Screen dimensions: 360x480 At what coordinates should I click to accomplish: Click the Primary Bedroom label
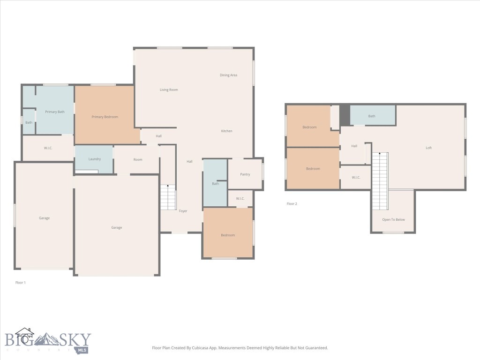pos(105,117)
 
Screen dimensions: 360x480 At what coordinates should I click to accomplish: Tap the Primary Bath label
pos(55,112)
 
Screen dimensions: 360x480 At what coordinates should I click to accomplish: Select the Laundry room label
pos(95,159)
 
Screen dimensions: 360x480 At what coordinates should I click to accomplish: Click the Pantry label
pos(245,174)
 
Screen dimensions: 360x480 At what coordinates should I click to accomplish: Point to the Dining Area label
pos(228,75)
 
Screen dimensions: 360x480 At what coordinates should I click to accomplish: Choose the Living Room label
pos(169,90)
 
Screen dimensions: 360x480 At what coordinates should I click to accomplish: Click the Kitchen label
pos(226,131)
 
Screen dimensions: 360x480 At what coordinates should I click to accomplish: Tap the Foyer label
pos(183,211)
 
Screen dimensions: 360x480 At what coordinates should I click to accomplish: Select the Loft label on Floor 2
pos(428,148)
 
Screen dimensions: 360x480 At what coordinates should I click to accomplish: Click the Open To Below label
pos(393,219)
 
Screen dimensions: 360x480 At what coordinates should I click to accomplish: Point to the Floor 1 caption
pos(21,283)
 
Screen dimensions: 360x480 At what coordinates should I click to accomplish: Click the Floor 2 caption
pos(292,204)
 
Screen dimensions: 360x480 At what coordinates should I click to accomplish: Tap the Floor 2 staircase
pos(380,181)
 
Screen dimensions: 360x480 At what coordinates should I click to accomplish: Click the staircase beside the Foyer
pos(168,197)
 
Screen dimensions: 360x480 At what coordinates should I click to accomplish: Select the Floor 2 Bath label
pos(372,116)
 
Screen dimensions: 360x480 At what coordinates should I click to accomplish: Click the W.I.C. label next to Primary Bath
pos(48,148)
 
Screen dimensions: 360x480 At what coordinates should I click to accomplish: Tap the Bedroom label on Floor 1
pos(228,235)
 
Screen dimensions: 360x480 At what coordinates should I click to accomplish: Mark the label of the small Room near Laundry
pos(137,159)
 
